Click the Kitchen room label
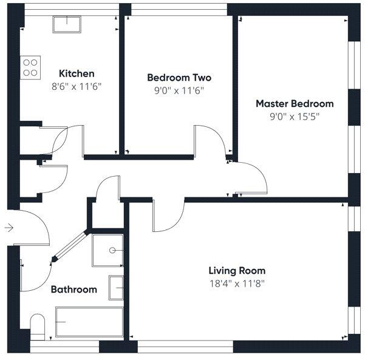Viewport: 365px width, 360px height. [x=76, y=74]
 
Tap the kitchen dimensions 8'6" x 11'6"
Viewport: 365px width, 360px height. [x=76, y=86]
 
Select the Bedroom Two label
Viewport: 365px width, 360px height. [x=179, y=78]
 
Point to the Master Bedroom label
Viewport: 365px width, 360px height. [x=294, y=104]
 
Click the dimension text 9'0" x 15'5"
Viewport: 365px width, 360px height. [x=294, y=116]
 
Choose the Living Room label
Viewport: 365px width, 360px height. [x=237, y=271]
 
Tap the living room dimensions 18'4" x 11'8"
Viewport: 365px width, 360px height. [x=237, y=283]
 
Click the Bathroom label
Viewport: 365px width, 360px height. [x=73, y=290]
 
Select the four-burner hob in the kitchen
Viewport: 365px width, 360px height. [x=30, y=67]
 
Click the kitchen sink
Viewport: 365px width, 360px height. [x=68, y=24]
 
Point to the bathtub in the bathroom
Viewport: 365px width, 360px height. [x=89, y=322]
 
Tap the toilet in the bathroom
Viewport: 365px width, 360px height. [x=37, y=326]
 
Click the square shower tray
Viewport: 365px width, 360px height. [x=107, y=251]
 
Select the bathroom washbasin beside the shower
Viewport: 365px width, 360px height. [x=116, y=287]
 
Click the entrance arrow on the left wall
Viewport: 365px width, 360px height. [x=9, y=228]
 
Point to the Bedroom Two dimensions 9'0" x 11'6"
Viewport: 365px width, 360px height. [x=179, y=90]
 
